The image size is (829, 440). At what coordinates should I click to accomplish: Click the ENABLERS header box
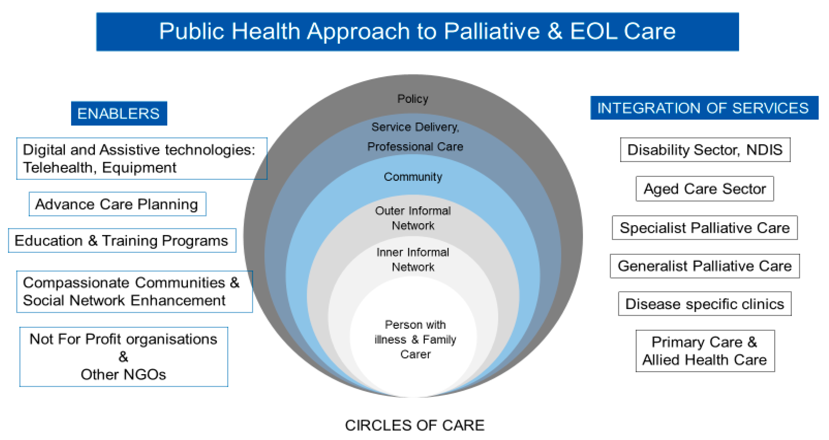119,113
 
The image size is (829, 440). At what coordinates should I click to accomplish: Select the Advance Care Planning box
117,204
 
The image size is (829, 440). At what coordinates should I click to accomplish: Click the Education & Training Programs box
122,240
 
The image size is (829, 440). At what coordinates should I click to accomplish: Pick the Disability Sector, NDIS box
705,150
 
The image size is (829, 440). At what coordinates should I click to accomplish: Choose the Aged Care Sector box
704,189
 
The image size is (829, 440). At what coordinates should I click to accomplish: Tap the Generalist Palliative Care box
704,266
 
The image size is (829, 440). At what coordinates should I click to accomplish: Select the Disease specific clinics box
704,304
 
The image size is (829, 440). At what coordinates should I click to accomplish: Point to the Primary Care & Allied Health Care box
705,351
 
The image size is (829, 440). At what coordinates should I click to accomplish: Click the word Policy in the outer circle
413,99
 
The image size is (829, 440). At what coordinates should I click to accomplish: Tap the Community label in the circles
413,177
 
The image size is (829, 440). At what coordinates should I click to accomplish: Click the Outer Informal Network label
413,218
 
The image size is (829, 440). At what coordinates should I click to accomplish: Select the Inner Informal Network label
413,260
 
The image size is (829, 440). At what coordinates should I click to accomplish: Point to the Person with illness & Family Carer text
415,339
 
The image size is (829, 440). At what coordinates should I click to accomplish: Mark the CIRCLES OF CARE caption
414,425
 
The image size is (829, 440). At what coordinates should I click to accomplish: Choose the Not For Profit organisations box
124,357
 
